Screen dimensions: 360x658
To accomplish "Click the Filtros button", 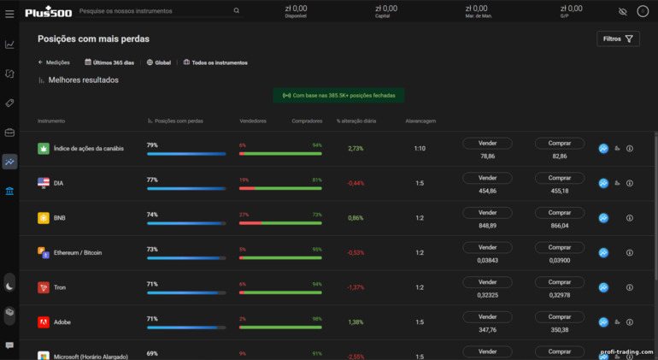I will click(x=618, y=38).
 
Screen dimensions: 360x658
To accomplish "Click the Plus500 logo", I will click(x=48, y=11).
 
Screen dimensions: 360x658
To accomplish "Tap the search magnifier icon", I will click(x=237, y=11).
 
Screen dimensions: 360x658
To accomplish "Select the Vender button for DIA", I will click(x=487, y=178).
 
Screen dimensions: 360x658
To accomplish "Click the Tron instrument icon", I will click(x=44, y=287).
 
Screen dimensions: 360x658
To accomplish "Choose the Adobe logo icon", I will click(x=44, y=322).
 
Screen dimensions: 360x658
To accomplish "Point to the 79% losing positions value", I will click(x=152, y=145).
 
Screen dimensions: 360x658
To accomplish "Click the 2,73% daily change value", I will click(x=355, y=148).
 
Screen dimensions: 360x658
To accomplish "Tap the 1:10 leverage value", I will click(x=420, y=148).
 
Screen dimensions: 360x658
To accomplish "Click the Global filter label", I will click(x=162, y=62).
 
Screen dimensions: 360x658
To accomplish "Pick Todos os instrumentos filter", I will click(x=219, y=62).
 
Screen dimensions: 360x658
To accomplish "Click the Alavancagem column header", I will click(x=420, y=121).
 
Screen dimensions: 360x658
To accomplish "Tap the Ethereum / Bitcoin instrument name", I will click(x=78, y=252).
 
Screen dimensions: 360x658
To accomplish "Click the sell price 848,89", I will click(x=487, y=226).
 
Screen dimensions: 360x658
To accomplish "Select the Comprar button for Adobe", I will click(x=560, y=317).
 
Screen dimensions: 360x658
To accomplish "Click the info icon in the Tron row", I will click(x=630, y=287).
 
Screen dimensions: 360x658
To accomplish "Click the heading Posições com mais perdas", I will click(x=93, y=38).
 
